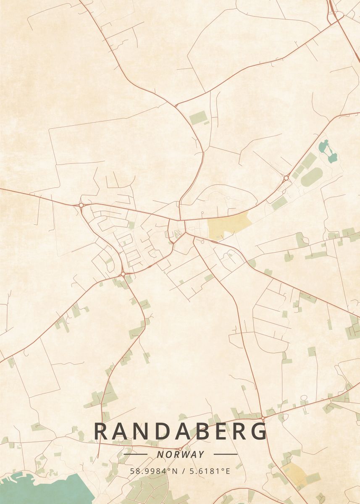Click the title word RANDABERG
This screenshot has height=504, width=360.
180,432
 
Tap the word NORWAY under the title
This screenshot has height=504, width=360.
181,454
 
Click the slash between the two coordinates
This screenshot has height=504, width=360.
180,471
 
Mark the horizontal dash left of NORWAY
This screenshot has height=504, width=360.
135,454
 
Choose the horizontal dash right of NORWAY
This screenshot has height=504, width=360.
226,454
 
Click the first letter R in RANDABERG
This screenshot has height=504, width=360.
101,432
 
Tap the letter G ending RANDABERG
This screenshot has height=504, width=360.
259,432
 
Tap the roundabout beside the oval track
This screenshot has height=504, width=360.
286,178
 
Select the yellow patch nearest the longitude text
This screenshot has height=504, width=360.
294,475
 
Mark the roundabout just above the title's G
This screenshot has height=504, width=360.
262,418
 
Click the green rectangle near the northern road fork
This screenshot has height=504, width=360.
197,118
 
